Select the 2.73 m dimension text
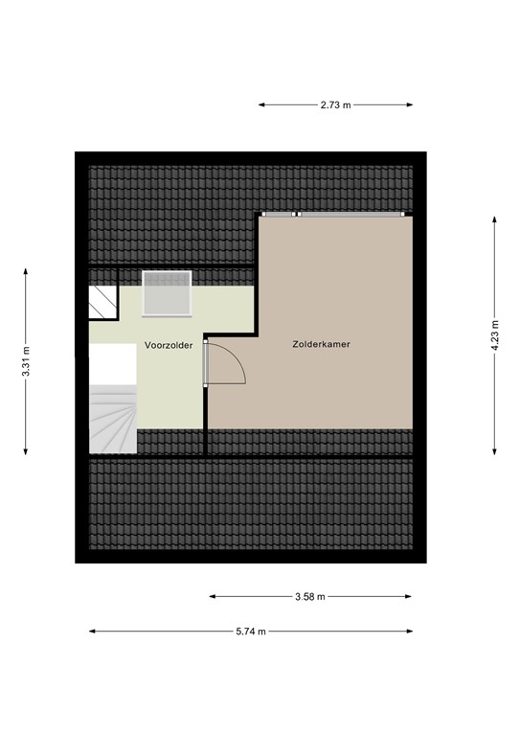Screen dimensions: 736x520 tap(335, 105)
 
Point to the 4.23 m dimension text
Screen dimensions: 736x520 tap(495, 335)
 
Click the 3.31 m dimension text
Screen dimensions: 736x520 tap(27, 361)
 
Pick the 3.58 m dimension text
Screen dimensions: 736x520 tap(309, 597)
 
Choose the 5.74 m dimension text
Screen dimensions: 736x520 tap(251, 632)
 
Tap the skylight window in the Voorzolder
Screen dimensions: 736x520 tap(168, 293)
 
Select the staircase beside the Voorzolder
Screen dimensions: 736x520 tap(113, 419)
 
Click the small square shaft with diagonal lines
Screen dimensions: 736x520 tap(102, 302)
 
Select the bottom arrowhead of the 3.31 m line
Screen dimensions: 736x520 tap(27, 451)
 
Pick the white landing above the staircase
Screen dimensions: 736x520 tap(112, 363)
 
